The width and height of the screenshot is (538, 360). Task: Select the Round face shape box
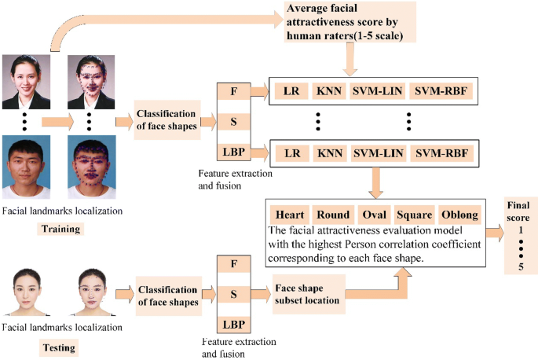point(332,214)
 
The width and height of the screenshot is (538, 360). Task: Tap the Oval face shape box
point(373,214)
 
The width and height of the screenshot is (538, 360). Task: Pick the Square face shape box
point(413,214)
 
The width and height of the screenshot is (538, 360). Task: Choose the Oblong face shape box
point(458,214)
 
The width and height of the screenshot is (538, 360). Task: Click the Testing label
point(59,345)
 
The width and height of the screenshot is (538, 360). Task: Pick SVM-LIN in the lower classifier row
point(379,151)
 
